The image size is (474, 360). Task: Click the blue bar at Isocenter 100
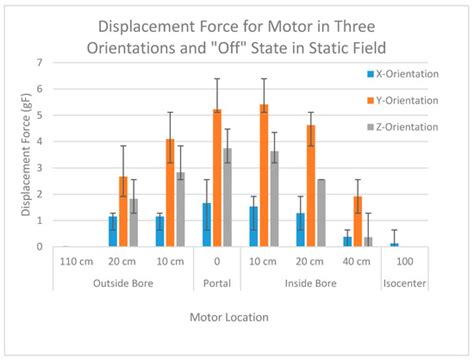(x=394, y=244)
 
